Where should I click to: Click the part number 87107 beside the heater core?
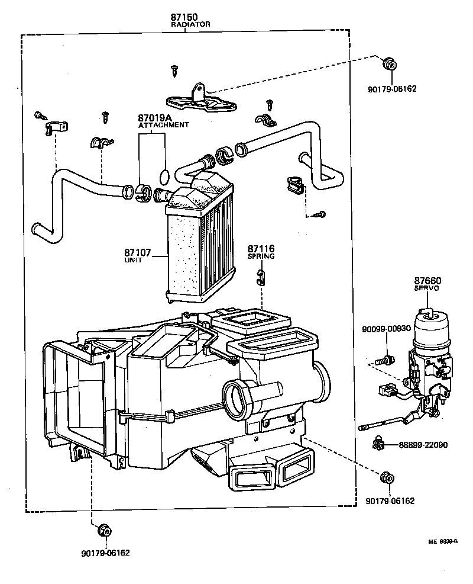point(137,252)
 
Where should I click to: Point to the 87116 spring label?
point(261,249)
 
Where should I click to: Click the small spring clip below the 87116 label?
point(260,276)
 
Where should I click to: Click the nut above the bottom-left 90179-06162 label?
point(105,531)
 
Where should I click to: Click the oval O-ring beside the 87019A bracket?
point(166,175)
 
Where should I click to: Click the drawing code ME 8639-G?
point(443,541)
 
